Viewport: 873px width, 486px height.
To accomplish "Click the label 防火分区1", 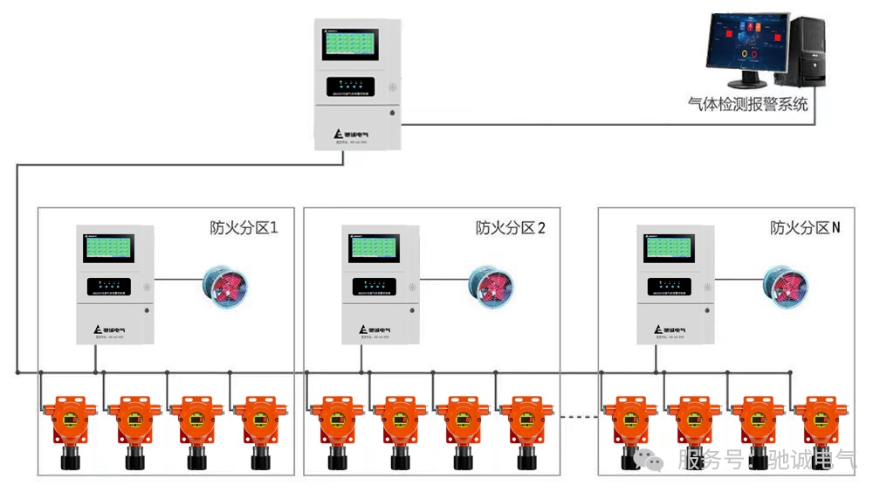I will click(x=244, y=228).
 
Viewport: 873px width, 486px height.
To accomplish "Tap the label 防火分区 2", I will click(x=510, y=228).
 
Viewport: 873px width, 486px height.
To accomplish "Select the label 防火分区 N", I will click(x=805, y=228).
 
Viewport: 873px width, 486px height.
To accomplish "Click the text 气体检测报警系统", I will click(x=748, y=105).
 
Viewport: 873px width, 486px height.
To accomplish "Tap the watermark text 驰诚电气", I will click(x=813, y=460).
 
